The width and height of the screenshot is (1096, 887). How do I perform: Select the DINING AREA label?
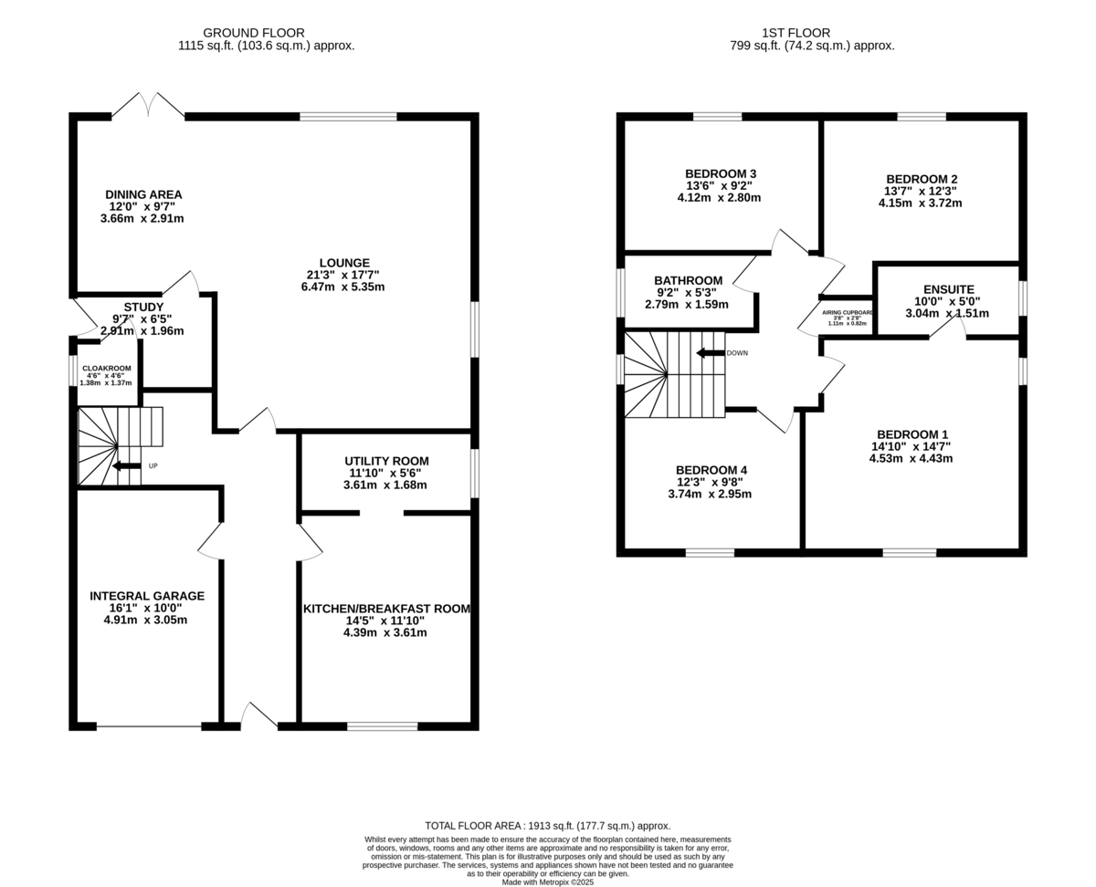coord(143,194)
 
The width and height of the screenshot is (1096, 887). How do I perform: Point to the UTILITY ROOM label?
coord(386,461)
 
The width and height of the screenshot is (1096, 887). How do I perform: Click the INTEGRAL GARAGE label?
coord(146,596)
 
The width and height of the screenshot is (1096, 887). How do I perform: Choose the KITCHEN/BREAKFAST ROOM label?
coord(386,609)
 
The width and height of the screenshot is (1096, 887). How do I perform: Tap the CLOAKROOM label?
coord(106,369)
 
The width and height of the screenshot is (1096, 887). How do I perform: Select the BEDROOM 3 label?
coord(721,173)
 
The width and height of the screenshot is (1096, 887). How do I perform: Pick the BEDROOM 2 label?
coord(922,179)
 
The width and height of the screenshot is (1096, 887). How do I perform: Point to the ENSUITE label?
coord(949,289)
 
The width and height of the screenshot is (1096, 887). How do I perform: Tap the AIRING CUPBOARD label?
coord(848,312)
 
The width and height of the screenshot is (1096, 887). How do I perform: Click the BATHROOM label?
coord(688,280)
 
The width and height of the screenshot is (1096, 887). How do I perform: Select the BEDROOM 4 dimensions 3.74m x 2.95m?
coord(713,495)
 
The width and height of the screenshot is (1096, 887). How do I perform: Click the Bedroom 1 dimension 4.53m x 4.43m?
coord(912,459)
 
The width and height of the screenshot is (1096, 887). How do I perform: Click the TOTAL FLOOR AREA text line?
coord(548,825)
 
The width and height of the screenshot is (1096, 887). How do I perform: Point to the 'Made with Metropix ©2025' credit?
coord(548,882)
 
